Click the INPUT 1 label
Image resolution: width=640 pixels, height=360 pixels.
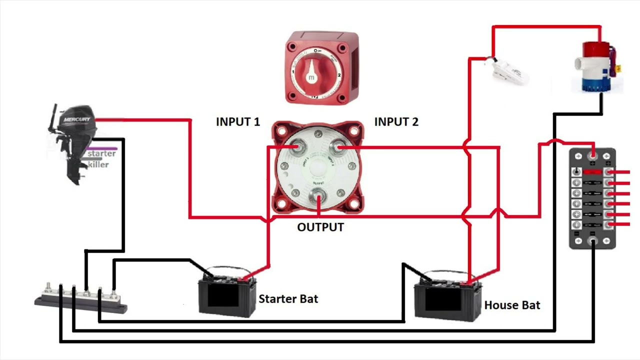tap(237, 121)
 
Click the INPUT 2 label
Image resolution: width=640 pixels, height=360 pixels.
tap(396, 121)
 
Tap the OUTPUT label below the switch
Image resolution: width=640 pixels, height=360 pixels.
tap(320, 227)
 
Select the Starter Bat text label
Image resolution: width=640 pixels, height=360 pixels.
tap(288, 299)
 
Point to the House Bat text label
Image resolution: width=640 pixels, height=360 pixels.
tap(512, 305)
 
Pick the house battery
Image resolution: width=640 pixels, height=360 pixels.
tap(447, 298)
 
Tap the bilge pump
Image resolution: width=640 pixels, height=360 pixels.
tap(599, 67)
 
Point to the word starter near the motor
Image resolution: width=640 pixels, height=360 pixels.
tap(101, 153)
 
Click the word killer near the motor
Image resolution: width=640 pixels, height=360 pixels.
tap(98, 164)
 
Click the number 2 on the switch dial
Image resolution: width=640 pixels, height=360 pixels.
tap(339, 75)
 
